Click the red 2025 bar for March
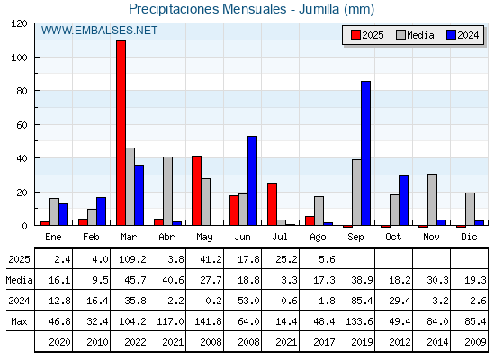pos(121,133)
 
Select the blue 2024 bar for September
pos(365,153)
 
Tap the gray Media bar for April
pos(167,191)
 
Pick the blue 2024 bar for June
pos(252,181)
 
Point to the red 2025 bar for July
pos(272,204)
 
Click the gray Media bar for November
pos(432,200)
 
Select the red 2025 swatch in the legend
pos(355,35)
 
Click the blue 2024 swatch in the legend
pos(451,35)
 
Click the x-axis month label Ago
pos(318,238)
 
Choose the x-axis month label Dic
pos(469,237)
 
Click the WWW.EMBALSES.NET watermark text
pos(99,31)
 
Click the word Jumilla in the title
pos(319,9)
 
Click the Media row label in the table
pos(19,280)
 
